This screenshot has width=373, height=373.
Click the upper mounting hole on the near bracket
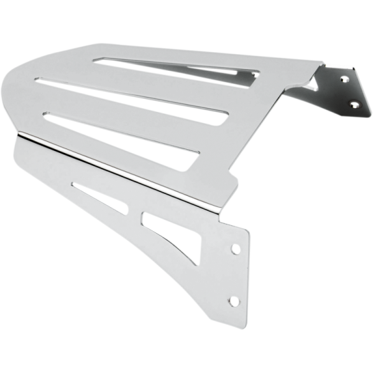point(236,249)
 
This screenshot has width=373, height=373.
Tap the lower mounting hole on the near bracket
point(234,301)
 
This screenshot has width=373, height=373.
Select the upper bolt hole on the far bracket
point(344,80)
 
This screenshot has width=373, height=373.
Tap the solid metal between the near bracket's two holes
point(235,275)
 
